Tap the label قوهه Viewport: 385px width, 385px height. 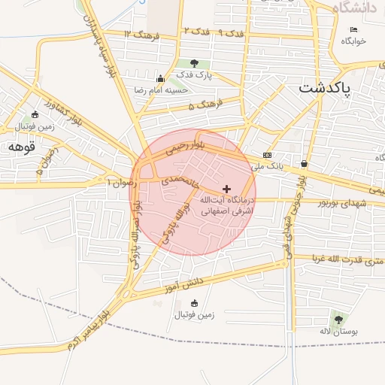point(23,147)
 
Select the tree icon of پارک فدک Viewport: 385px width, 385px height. point(195,64)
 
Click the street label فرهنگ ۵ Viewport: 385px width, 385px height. point(202,106)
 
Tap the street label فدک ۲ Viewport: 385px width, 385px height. point(195,31)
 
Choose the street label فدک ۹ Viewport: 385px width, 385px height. point(230,33)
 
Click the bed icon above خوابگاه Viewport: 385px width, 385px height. point(353,29)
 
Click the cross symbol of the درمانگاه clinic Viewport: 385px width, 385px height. point(227,188)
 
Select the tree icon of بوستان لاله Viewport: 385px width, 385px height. point(337,318)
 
